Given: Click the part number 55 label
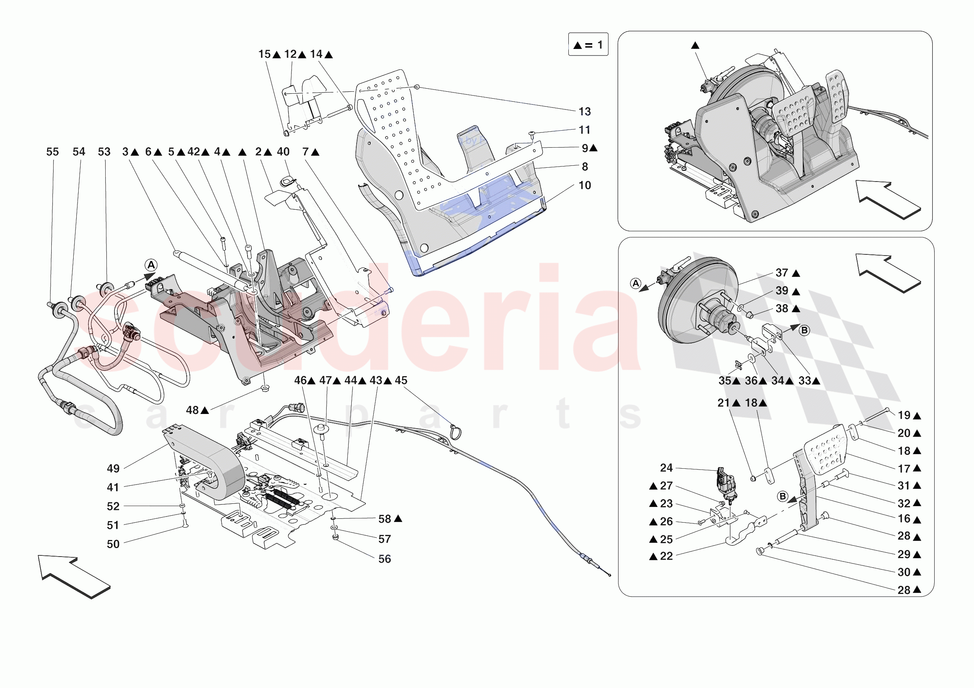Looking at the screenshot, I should click(52, 152).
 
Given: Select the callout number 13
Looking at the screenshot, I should click(584, 111).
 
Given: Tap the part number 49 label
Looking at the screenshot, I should click(113, 468).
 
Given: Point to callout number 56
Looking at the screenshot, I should click(384, 559).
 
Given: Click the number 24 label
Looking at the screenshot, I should click(666, 468).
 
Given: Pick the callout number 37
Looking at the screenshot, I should click(782, 273).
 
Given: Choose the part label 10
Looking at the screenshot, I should click(584, 185).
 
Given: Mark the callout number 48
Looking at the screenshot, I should click(192, 410).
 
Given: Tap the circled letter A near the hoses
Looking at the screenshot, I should click(151, 266).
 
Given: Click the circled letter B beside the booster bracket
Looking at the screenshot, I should click(804, 330).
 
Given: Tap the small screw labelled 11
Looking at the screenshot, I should click(532, 134).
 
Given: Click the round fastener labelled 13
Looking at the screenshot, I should click(416, 87).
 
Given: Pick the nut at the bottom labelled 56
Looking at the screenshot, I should click(335, 537).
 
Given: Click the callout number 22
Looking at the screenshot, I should click(666, 556).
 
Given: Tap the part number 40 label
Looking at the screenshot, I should click(283, 152).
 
